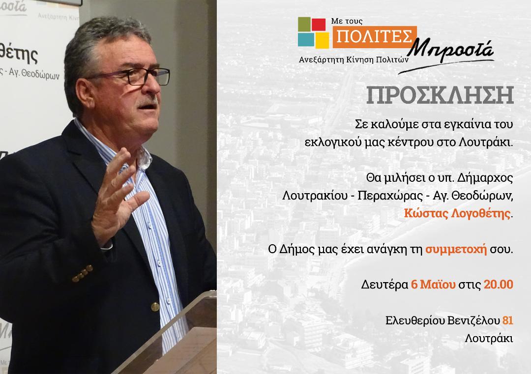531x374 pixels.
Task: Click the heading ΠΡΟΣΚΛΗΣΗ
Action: coord(440,95)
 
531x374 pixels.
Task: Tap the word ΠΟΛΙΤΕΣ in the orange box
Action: coord(374,36)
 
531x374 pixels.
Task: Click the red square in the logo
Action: coord(318,25)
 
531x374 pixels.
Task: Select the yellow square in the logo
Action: coord(323,40)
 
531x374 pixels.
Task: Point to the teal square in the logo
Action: coord(306,39)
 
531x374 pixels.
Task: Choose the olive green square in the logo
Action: coord(304,24)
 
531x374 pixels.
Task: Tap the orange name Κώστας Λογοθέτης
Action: coord(457,214)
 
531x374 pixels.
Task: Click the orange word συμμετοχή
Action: coord(456,250)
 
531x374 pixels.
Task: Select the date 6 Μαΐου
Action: coord(433,284)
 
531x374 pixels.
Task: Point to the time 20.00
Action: coord(498,284)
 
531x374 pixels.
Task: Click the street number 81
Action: coord(507,320)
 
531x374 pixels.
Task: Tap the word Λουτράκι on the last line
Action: coord(489,338)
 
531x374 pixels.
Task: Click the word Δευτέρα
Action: coord(384,284)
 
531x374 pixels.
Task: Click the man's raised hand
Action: coord(117,196)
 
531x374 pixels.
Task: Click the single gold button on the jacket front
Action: coord(155,307)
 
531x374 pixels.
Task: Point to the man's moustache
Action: coord(148,102)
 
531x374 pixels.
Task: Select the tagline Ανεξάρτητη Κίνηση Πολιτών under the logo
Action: coord(354,60)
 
